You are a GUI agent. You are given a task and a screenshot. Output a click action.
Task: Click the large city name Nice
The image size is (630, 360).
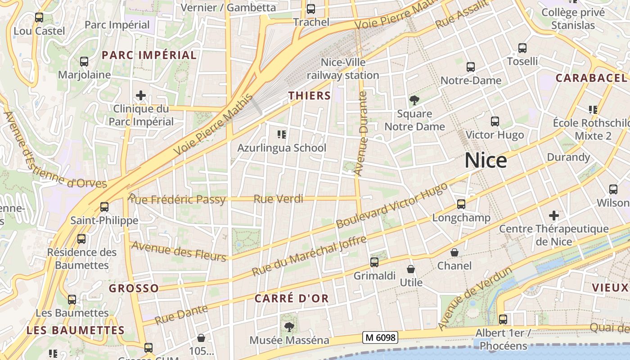486,161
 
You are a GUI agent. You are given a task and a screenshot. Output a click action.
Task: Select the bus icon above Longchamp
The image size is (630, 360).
461,204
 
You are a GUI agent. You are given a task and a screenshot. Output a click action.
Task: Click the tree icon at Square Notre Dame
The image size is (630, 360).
414,100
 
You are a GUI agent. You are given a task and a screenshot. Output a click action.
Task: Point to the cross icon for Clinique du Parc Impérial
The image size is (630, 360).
141,95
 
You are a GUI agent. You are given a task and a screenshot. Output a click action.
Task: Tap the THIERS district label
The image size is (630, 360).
310,95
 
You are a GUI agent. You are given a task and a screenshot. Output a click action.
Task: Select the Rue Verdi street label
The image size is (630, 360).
279,199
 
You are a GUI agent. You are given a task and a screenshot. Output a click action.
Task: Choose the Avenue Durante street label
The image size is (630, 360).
361,133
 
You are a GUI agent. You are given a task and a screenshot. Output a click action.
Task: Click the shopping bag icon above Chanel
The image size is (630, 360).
454,252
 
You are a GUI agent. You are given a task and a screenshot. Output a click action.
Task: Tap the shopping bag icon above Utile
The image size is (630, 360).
411,269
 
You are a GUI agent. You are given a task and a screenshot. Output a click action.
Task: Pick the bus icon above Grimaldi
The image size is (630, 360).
374,262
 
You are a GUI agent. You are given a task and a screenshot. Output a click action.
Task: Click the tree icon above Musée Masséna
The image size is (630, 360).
289,327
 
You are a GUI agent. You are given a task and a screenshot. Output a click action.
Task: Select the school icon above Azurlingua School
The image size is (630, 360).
282,134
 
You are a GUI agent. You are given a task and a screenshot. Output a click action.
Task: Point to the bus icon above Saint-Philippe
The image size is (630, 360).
104,207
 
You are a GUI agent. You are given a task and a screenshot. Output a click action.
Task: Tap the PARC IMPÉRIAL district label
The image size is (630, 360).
149,55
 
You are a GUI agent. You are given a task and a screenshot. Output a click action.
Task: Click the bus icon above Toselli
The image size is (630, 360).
522,48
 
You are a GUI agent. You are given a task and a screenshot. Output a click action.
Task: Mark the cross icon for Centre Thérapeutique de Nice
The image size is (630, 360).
554,216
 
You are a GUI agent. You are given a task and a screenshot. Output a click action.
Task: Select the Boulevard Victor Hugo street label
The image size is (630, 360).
392,205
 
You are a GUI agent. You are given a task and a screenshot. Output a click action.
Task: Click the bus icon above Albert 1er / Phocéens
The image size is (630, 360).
503,319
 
